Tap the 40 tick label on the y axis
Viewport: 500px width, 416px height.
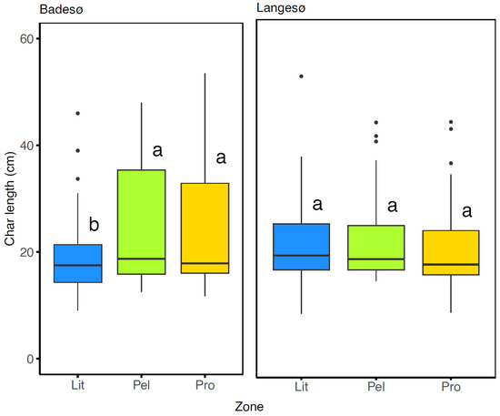click(26, 146)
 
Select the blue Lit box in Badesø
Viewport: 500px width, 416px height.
click(78, 263)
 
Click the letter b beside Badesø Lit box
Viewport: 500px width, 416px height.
click(94, 224)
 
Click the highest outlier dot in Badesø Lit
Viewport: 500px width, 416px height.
click(78, 113)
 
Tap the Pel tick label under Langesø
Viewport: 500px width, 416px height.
click(376, 388)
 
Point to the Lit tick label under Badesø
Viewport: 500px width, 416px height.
click(78, 388)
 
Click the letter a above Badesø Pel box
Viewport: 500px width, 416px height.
click(156, 149)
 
